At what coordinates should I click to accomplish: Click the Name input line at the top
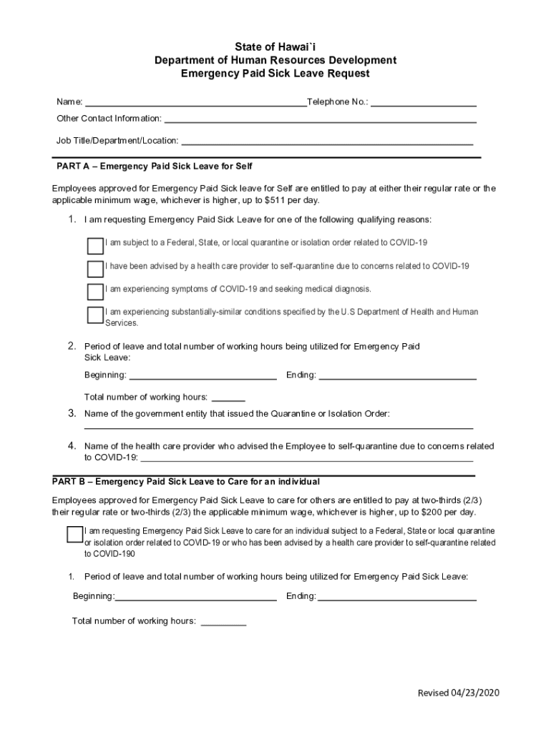pyautogui.click(x=195, y=102)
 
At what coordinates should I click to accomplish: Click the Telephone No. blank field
pyautogui.click(x=424, y=102)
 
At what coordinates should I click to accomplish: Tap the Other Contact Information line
pyautogui.click(x=321, y=118)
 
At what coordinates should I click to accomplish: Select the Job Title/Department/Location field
pyautogui.click(x=327, y=141)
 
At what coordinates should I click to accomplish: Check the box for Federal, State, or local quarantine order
pyautogui.click(x=95, y=246)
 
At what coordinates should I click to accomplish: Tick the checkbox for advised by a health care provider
pyautogui.click(x=95, y=269)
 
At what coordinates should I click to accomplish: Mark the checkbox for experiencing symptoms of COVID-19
pyautogui.click(x=95, y=292)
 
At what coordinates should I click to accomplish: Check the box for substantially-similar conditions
pyautogui.click(x=95, y=315)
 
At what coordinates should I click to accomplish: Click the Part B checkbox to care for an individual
pyautogui.click(x=74, y=535)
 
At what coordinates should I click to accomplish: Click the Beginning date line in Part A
pyautogui.click(x=203, y=375)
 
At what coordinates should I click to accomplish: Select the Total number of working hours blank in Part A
pyautogui.click(x=228, y=397)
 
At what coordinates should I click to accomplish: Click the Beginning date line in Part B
pyautogui.click(x=196, y=596)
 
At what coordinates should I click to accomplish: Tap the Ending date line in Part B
pyautogui.click(x=397, y=596)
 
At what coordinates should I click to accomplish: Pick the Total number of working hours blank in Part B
pyautogui.click(x=223, y=621)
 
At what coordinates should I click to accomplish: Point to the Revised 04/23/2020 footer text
pyautogui.click(x=459, y=693)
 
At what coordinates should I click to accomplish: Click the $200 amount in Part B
pyautogui.click(x=429, y=513)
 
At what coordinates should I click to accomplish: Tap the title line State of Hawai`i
pyautogui.click(x=275, y=47)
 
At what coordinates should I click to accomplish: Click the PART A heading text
pyautogui.click(x=155, y=167)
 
